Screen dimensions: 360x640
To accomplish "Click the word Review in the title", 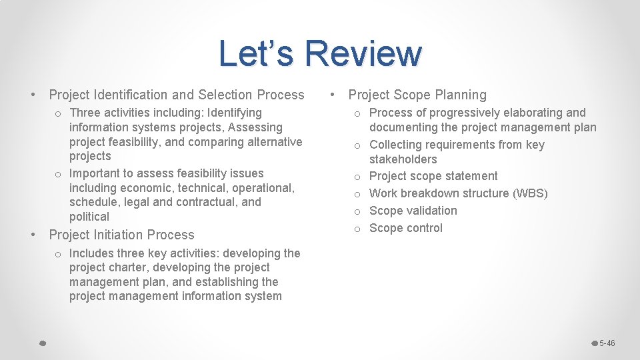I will [363, 53].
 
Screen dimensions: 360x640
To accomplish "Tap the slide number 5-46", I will [607, 343].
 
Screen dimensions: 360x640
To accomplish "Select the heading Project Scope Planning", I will [417, 95].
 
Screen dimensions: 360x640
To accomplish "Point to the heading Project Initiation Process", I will [121, 235].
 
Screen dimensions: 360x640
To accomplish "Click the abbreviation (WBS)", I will [530, 193].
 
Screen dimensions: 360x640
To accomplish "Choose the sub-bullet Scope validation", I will [413, 211].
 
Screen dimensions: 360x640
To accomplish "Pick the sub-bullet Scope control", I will [405, 228].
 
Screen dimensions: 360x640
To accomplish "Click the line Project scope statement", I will [433, 176].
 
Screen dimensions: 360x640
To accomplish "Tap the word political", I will [89, 217].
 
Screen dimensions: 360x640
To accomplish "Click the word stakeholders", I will [403, 159].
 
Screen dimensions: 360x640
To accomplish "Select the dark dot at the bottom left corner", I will [41, 343].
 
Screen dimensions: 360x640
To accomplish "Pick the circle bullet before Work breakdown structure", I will [358, 194].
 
